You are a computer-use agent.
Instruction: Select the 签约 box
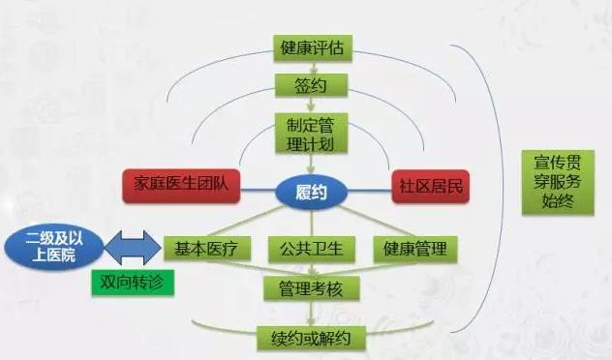click(311, 86)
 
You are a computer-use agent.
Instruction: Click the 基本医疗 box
click(200, 249)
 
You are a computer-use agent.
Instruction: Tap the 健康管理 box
click(414, 249)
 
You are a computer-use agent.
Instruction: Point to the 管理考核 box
click(311, 288)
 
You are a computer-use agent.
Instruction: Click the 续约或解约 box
click(311, 339)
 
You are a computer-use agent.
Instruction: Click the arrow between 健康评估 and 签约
click(311, 67)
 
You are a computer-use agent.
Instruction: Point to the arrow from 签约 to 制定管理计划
click(311, 105)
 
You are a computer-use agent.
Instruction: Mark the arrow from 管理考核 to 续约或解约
click(311, 314)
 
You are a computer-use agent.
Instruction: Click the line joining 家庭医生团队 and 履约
click(258, 188)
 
